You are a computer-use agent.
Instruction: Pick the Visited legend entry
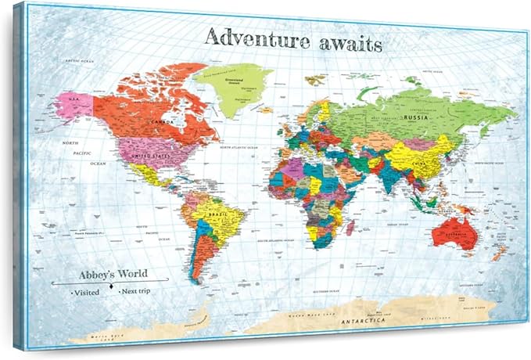point(85,291)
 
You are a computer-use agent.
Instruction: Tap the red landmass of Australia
point(454,232)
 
